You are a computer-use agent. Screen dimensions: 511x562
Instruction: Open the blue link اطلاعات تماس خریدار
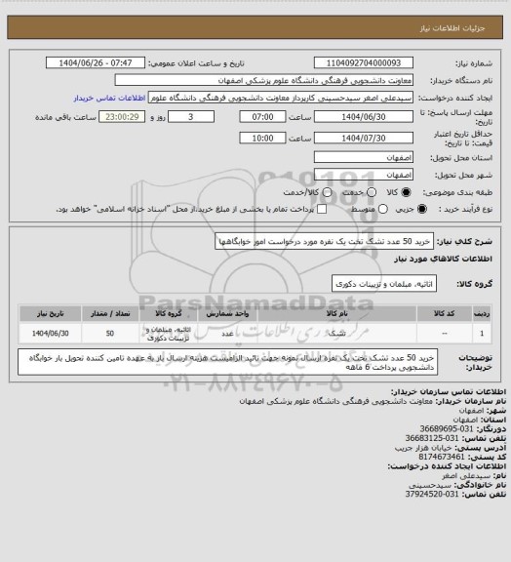pyautogui.click(x=109, y=98)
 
